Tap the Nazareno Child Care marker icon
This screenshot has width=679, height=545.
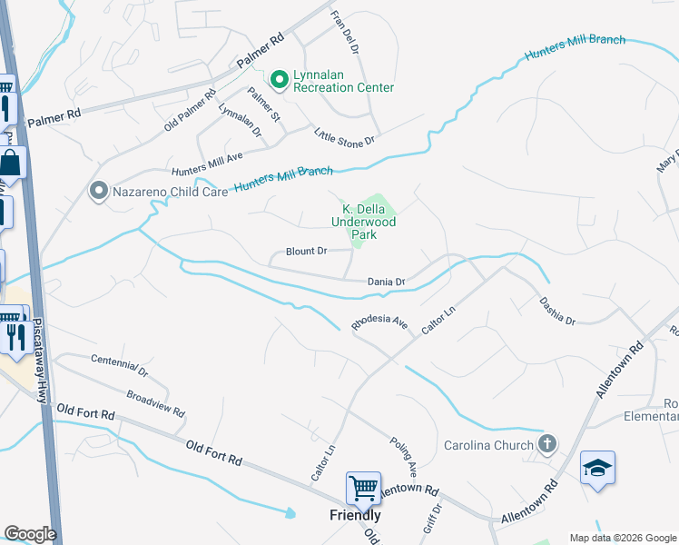[x=97, y=191]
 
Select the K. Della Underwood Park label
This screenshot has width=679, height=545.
[x=364, y=222]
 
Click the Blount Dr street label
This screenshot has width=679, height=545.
[x=306, y=252]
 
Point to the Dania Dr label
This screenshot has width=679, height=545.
[x=386, y=282]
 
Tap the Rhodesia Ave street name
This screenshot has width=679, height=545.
[x=380, y=323]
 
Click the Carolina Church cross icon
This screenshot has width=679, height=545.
[x=546, y=444]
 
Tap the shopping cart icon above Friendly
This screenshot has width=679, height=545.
[x=363, y=488]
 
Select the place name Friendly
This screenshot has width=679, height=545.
[x=354, y=515]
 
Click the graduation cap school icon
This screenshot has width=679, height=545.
[x=597, y=467]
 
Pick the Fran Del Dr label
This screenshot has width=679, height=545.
[x=346, y=32]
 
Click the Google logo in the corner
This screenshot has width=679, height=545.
[x=30, y=534]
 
